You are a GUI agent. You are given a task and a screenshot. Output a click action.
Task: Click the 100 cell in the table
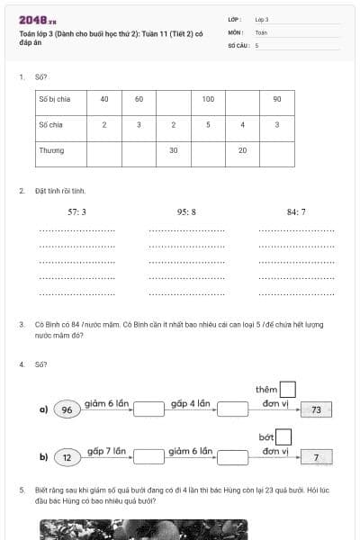[208, 99]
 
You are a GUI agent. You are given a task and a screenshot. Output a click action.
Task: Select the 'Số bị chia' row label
[54, 99]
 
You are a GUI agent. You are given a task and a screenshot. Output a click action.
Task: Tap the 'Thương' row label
[51, 150]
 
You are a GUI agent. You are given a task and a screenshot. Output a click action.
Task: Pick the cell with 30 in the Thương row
[173, 150]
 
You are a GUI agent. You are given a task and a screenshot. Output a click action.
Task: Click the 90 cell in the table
[277, 99]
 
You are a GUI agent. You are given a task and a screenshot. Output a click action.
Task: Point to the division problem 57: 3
[77, 212]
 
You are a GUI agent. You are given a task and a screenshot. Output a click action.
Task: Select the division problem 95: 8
[186, 212]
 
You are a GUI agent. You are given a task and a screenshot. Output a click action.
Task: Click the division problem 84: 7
[296, 212]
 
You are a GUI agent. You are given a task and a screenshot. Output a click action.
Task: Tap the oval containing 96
[67, 410]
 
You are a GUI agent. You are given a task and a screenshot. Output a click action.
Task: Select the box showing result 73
[316, 410]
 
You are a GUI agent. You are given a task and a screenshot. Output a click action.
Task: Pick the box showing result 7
[316, 457]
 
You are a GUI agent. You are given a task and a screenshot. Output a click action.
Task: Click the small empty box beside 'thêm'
[288, 390]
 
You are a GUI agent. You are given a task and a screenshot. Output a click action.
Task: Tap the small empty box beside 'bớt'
[284, 436]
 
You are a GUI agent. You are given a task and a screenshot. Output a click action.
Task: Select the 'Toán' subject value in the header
[261, 31]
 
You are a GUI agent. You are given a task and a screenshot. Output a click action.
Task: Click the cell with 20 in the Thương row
[243, 150]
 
